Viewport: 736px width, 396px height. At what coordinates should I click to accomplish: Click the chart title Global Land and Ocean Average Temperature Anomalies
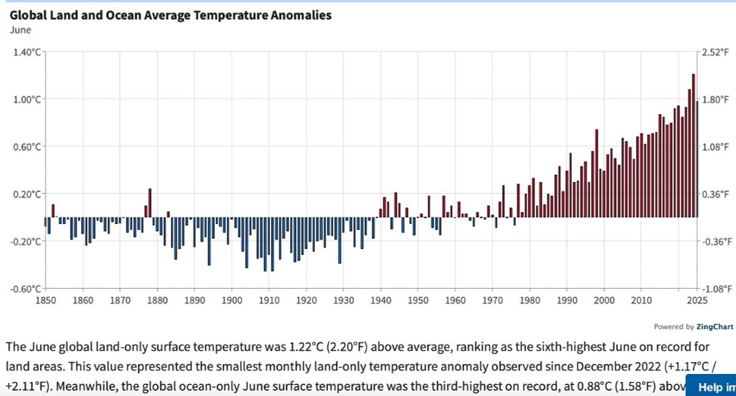point(170,15)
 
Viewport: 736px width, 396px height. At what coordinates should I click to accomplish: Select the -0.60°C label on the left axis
point(25,289)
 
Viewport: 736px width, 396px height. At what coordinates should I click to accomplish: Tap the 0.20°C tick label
point(26,194)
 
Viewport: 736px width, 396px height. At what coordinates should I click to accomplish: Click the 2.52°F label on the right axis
point(715,52)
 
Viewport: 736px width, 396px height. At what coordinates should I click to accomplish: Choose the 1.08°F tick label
point(715,147)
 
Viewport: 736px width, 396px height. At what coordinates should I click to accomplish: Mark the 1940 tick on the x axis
point(381,300)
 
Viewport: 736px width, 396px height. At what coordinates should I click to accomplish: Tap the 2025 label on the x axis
point(697,300)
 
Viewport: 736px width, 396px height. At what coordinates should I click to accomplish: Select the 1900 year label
point(231,300)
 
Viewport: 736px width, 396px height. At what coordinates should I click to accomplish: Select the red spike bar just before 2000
point(596,173)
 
